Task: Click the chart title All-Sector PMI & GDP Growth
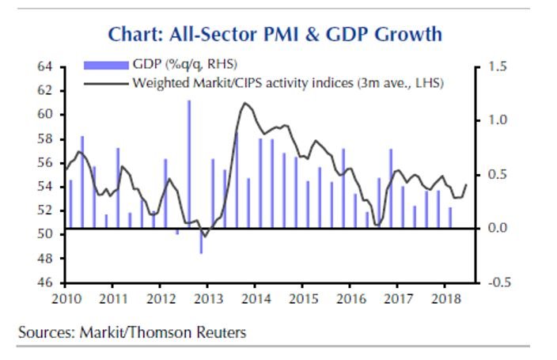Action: point(275,34)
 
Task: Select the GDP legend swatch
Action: point(106,64)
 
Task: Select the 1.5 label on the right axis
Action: point(497,67)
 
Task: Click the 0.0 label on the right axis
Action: point(497,229)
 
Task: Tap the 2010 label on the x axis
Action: point(64,300)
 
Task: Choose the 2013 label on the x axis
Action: point(207,300)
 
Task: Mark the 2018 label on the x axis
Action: point(444,300)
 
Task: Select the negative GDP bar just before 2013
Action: point(201,241)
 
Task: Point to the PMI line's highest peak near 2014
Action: point(246,103)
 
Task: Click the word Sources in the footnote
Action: point(44,332)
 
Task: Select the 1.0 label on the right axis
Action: point(497,121)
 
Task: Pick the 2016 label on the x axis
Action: point(349,300)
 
